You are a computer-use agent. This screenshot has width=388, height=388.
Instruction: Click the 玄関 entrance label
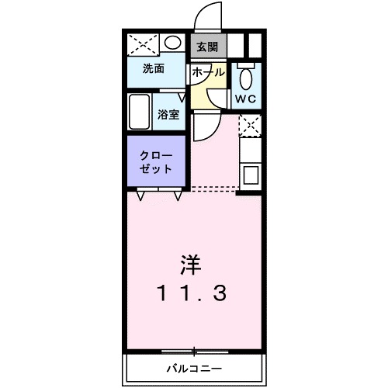(x=207, y=47)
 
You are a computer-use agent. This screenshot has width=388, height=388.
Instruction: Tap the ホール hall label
(x=207, y=71)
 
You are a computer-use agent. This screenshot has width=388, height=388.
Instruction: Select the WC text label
(x=248, y=99)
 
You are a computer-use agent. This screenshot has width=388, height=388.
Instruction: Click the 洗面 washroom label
(x=153, y=68)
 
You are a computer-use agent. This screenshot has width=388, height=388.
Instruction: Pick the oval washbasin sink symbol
(x=174, y=43)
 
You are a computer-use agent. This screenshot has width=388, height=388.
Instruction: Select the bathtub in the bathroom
(x=140, y=113)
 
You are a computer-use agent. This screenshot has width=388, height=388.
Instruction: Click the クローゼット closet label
(x=157, y=161)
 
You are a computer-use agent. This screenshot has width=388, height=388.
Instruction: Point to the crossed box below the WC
(x=250, y=125)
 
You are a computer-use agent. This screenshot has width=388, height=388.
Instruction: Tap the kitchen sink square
(x=251, y=175)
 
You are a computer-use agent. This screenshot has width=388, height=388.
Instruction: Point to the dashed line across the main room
(x=213, y=188)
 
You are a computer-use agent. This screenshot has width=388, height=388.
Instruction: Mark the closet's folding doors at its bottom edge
(x=159, y=192)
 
